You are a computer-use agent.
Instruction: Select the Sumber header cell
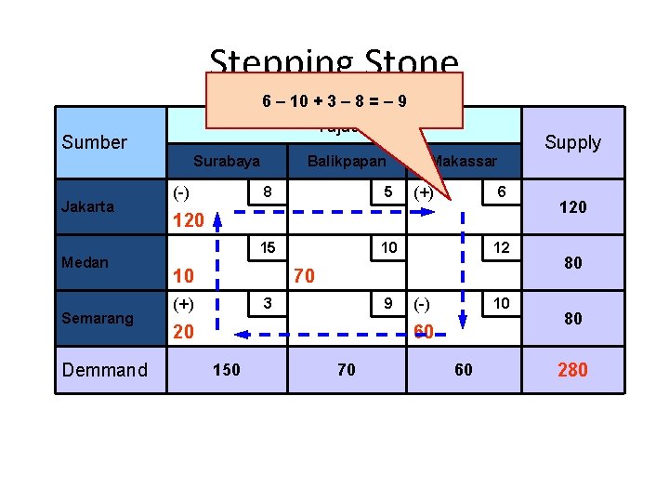[94, 142]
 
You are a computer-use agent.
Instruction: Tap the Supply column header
[572, 142]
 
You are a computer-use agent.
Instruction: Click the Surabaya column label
[227, 161]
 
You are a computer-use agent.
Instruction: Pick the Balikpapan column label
[347, 161]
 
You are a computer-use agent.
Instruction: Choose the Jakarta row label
[88, 206]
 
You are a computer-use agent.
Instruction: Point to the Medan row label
[85, 262]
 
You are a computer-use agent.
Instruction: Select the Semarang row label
[98, 318]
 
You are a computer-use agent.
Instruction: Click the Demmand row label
[104, 370]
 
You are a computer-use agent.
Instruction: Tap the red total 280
[572, 370]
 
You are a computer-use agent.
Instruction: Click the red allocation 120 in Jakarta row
[189, 221]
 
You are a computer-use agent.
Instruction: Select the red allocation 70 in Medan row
[305, 276]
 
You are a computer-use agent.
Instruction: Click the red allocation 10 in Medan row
[183, 276]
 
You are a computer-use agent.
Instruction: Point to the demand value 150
[226, 370]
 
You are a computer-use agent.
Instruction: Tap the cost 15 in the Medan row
[268, 248]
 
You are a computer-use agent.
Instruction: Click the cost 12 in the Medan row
[502, 248]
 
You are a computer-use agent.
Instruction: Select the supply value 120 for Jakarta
[572, 207]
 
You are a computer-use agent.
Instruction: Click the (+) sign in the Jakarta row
[423, 192]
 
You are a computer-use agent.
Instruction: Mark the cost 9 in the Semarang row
[387, 303]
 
